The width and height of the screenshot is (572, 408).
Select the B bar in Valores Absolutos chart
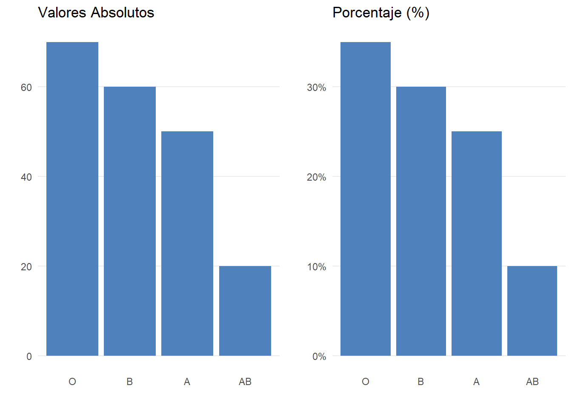click(x=130, y=221)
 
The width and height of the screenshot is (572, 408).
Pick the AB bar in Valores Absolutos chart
click(x=245, y=311)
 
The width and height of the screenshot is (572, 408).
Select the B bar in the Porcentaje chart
click(x=421, y=221)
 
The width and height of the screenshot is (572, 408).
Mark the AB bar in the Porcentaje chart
click(x=532, y=311)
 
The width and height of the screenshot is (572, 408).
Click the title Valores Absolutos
click(x=96, y=13)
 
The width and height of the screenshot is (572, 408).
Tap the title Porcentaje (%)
click(x=381, y=13)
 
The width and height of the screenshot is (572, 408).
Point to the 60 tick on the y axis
click(x=26, y=88)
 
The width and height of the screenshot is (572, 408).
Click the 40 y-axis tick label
click(x=26, y=177)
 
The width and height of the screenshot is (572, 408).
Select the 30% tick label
click(x=317, y=88)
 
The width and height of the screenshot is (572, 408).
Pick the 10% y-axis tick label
click(x=317, y=267)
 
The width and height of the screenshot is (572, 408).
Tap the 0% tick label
click(x=319, y=357)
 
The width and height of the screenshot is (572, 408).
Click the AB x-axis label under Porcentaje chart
click(x=532, y=382)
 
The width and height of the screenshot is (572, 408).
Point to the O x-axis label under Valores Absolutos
click(x=72, y=382)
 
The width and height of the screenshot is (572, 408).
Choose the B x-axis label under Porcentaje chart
click(x=421, y=382)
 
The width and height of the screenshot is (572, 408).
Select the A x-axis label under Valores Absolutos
click(x=187, y=382)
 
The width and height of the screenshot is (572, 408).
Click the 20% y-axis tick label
click(x=317, y=177)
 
